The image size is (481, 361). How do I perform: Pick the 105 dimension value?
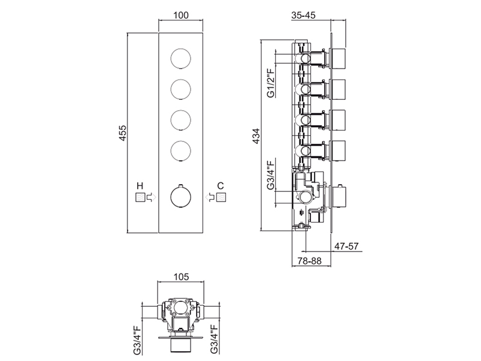180,277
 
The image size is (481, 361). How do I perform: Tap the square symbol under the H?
140,197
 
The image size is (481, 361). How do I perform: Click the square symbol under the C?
221,197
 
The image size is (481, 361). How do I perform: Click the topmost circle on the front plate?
180,59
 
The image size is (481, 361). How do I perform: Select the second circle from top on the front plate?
180,89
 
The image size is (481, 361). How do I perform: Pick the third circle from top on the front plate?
180,119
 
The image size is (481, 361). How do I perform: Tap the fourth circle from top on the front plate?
180,149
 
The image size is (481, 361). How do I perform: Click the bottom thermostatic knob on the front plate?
180,196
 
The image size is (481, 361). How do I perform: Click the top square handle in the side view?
340,58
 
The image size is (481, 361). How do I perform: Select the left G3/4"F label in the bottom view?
136,338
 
